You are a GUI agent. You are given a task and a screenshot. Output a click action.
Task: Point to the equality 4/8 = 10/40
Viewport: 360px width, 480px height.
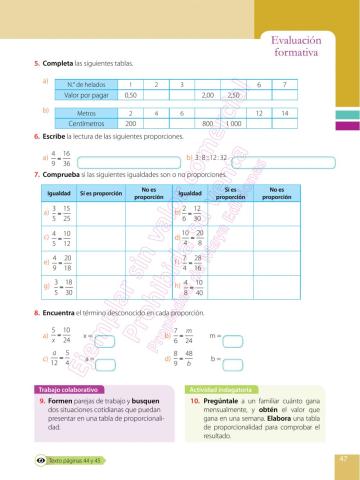tap(189, 289)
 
